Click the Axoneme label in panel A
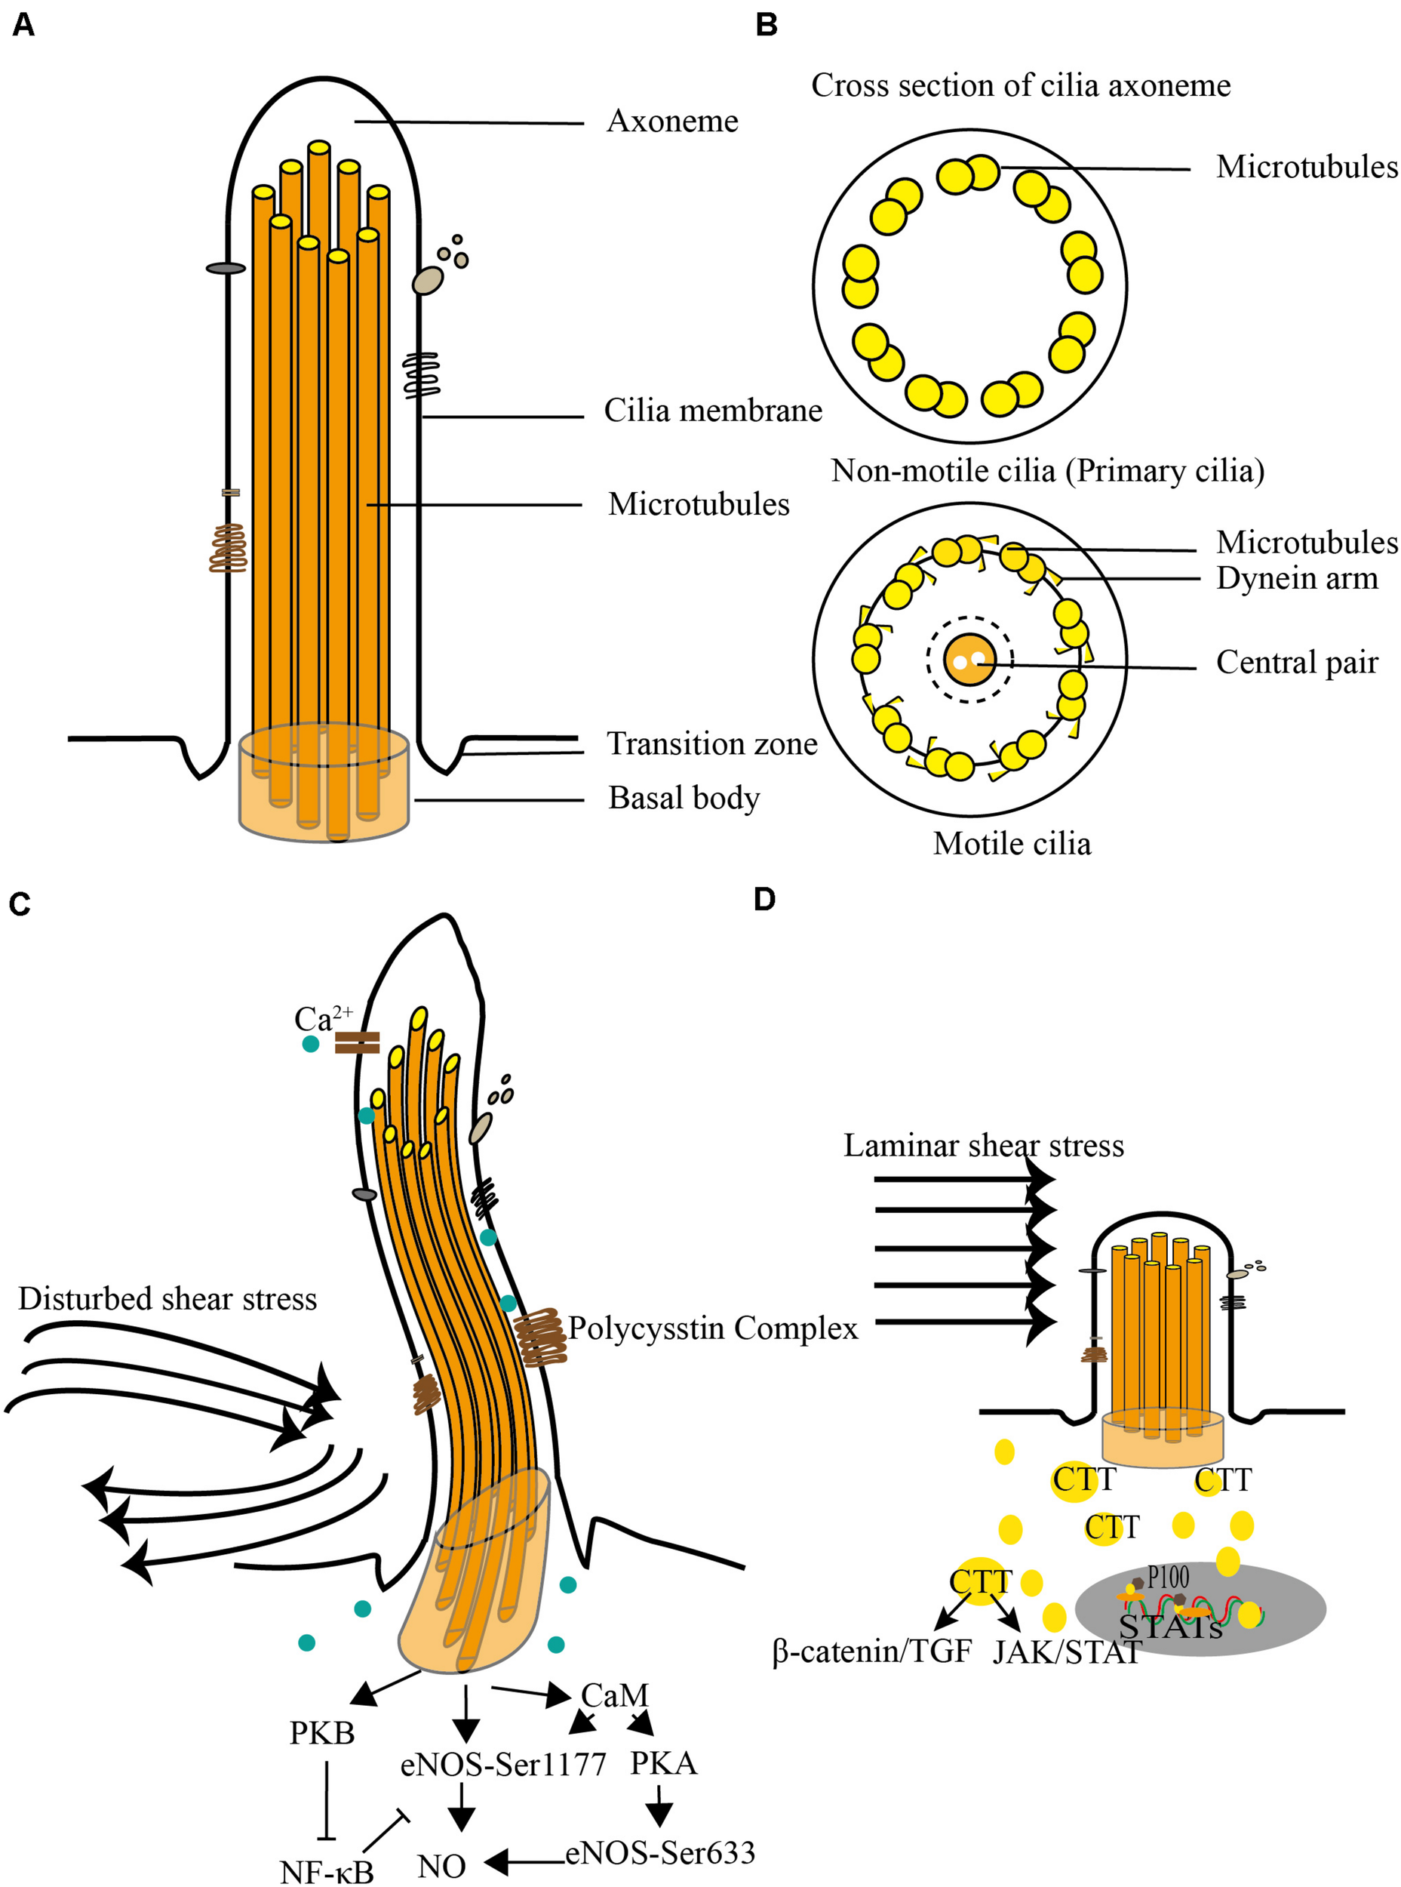point(671,122)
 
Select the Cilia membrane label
point(712,411)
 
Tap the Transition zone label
point(711,744)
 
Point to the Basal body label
point(684,798)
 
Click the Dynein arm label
point(1297,579)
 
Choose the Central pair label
point(1297,662)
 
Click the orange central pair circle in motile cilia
point(969,659)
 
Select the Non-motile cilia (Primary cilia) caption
point(1047,470)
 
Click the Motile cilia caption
point(1012,843)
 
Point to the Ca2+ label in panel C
point(322,1017)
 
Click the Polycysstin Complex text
point(712,1328)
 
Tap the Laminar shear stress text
point(983,1146)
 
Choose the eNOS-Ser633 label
point(660,1853)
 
